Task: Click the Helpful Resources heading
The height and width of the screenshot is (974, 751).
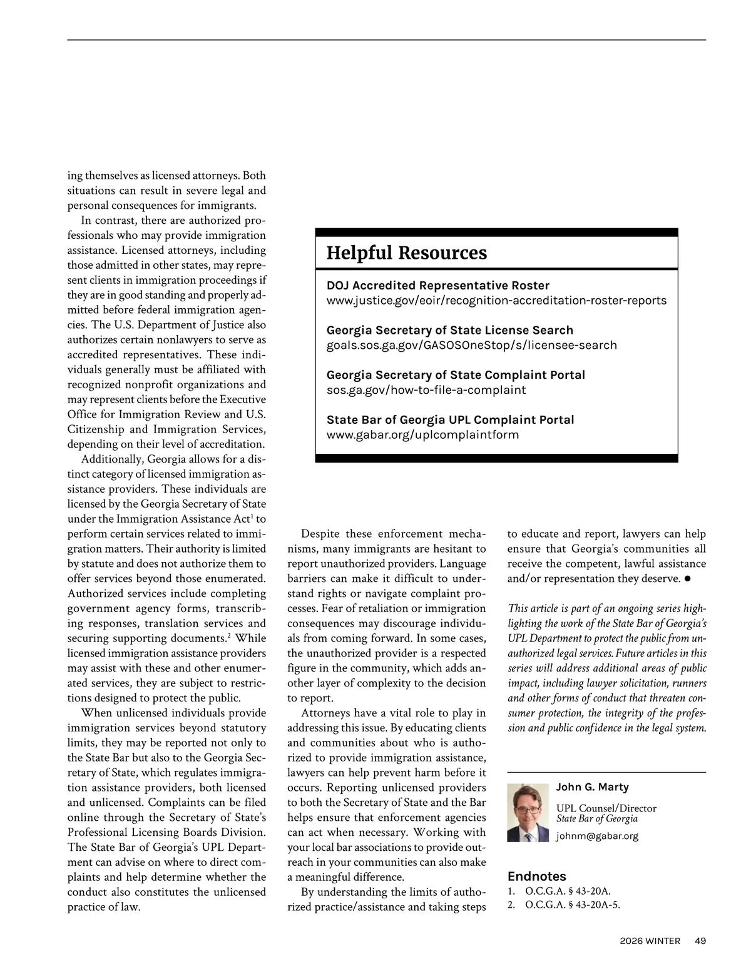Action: pos(406,253)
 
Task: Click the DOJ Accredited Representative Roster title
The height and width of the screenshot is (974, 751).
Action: pos(437,286)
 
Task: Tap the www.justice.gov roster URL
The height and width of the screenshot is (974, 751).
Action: pos(496,301)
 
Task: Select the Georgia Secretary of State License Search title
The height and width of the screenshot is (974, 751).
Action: pos(449,330)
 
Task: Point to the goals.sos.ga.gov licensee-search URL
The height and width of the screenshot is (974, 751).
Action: pos(471,345)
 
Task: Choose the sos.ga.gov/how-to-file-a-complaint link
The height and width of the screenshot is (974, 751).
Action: pos(426,390)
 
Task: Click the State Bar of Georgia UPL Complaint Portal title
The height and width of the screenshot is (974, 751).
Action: pos(450,420)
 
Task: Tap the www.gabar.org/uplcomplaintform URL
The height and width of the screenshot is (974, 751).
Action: pos(422,434)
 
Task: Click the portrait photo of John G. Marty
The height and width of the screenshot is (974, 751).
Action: pos(528,813)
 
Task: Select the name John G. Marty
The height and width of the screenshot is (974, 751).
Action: pos(592,787)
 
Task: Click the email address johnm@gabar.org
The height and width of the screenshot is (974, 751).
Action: pos(597,836)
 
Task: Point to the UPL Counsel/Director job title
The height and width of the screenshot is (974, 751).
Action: pos(606,808)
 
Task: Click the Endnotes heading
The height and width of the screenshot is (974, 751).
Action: pos(536,876)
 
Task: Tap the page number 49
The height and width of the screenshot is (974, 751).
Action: pos(700,941)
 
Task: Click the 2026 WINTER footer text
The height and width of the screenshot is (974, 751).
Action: pos(650,941)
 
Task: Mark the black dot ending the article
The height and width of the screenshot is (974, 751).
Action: pos(687,579)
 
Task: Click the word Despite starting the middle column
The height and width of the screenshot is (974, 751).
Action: pos(320,534)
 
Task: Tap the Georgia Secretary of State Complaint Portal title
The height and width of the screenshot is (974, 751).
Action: pos(456,375)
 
